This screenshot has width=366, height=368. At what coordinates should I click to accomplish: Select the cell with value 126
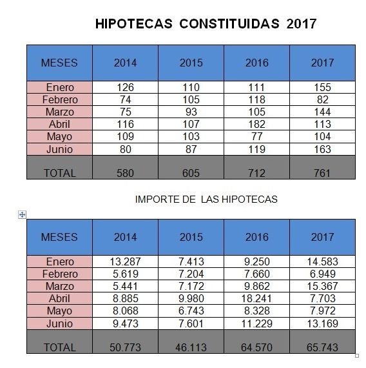[125, 87]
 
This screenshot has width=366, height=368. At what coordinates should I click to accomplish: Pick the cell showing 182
[256, 124]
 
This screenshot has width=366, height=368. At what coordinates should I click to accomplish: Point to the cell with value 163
[322, 148]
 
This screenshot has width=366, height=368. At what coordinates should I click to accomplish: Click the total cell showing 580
[125, 172]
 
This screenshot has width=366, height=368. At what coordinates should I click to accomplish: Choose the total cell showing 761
[322, 172]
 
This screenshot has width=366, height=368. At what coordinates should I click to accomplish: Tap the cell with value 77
[256, 136]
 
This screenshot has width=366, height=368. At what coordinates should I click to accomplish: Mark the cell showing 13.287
[125, 261]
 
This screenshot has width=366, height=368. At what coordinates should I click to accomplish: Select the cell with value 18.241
[256, 298]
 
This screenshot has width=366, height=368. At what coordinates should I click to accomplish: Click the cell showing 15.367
[322, 286]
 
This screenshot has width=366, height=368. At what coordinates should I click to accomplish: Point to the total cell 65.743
[322, 347]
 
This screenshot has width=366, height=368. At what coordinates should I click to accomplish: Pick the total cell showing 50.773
[125, 347]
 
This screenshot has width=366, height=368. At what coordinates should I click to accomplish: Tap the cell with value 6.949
[322, 274]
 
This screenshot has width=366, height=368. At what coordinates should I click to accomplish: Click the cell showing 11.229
[256, 323]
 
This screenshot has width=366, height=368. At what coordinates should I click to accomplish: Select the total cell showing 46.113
[191, 347]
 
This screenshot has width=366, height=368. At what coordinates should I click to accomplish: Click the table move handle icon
[23, 214]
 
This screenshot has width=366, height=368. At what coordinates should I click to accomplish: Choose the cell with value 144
[322, 112]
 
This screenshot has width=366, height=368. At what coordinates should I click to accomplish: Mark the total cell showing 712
[256, 172]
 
